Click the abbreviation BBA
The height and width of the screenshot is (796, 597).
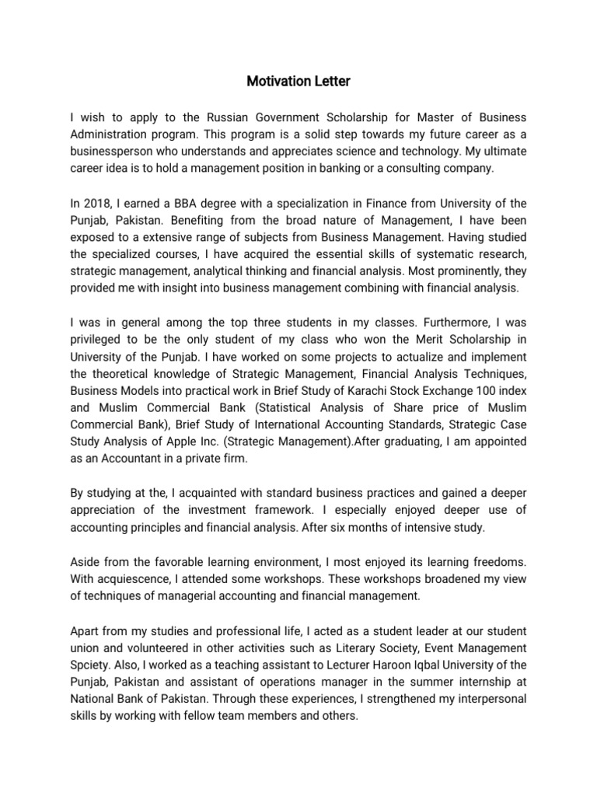point(197,203)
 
